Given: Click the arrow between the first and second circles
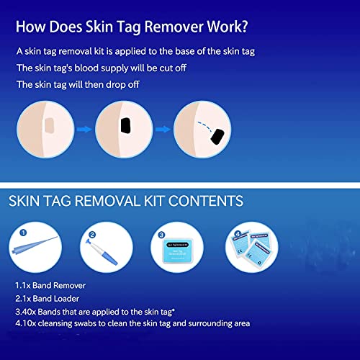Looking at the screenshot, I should tap(84, 131).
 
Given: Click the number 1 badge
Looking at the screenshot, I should tap(22, 233).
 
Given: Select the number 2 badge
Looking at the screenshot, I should tap(93, 233).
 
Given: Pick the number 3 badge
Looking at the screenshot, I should tap(161, 233).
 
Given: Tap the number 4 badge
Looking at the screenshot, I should tap(237, 233).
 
